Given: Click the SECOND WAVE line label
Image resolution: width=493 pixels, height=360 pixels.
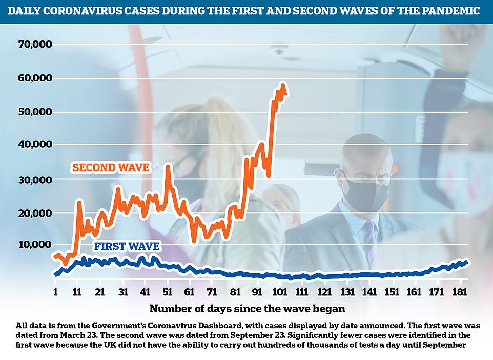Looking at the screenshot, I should tap(111, 167).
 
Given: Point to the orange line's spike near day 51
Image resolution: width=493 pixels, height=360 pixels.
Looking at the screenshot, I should tap(167, 166).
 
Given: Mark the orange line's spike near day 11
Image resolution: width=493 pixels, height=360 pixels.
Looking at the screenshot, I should tap(79, 202).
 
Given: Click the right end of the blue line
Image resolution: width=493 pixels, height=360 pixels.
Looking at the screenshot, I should tap(467, 262).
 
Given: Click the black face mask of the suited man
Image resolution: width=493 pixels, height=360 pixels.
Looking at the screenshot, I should tap(365, 193).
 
